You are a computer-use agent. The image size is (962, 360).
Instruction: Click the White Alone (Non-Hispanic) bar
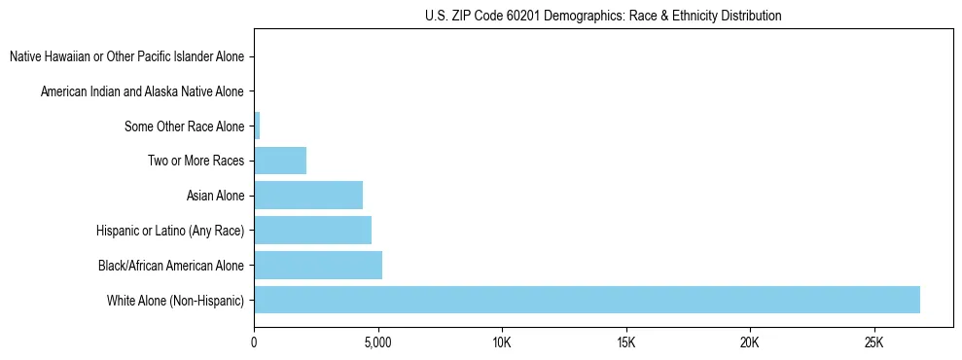(x=587, y=300)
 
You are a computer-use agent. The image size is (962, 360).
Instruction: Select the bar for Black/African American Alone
(x=318, y=265)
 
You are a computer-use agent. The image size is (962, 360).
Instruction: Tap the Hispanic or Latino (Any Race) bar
(x=312, y=231)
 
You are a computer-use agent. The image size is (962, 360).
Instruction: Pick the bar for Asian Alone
(x=308, y=196)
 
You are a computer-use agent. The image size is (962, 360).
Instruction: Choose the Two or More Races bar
(x=280, y=161)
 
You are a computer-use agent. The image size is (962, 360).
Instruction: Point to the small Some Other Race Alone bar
(x=257, y=126)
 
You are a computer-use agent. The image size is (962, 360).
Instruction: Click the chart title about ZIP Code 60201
(x=603, y=17)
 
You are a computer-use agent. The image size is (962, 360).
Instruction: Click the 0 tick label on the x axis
(x=254, y=342)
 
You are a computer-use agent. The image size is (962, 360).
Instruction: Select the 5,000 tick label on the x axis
(x=377, y=342)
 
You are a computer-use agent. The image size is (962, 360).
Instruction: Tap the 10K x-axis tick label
(x=502, y=342)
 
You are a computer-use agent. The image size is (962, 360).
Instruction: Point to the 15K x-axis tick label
(x=625, y=342)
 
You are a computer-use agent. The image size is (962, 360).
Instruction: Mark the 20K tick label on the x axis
(x=750, y=342)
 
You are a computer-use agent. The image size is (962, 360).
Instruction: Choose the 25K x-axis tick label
(x=873, y=342)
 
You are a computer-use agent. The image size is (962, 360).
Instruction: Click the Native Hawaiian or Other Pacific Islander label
(x=126, y=56)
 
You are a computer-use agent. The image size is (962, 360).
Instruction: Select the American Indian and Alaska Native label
(x=142, y=91)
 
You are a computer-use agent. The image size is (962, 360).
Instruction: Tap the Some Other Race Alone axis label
(x=184, y=126)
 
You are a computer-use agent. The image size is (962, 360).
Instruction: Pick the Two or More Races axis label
(x=196, y=161)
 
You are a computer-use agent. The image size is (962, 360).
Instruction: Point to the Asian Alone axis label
(x=215, y=196)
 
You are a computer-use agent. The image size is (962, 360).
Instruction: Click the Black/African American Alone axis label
(x=171, y=266)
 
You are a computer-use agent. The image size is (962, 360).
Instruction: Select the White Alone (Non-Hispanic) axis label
(x=176, y=301)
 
